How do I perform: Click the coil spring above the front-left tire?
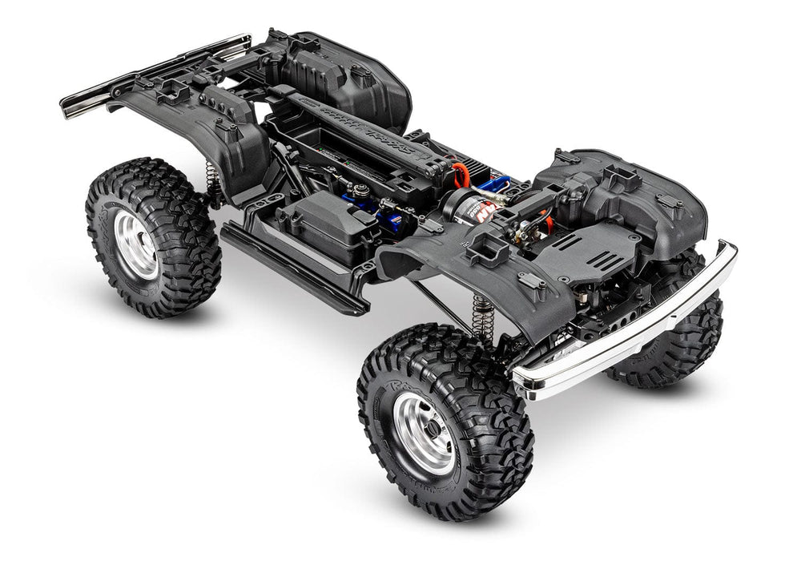(482, 317)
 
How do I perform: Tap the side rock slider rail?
(292, 268)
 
